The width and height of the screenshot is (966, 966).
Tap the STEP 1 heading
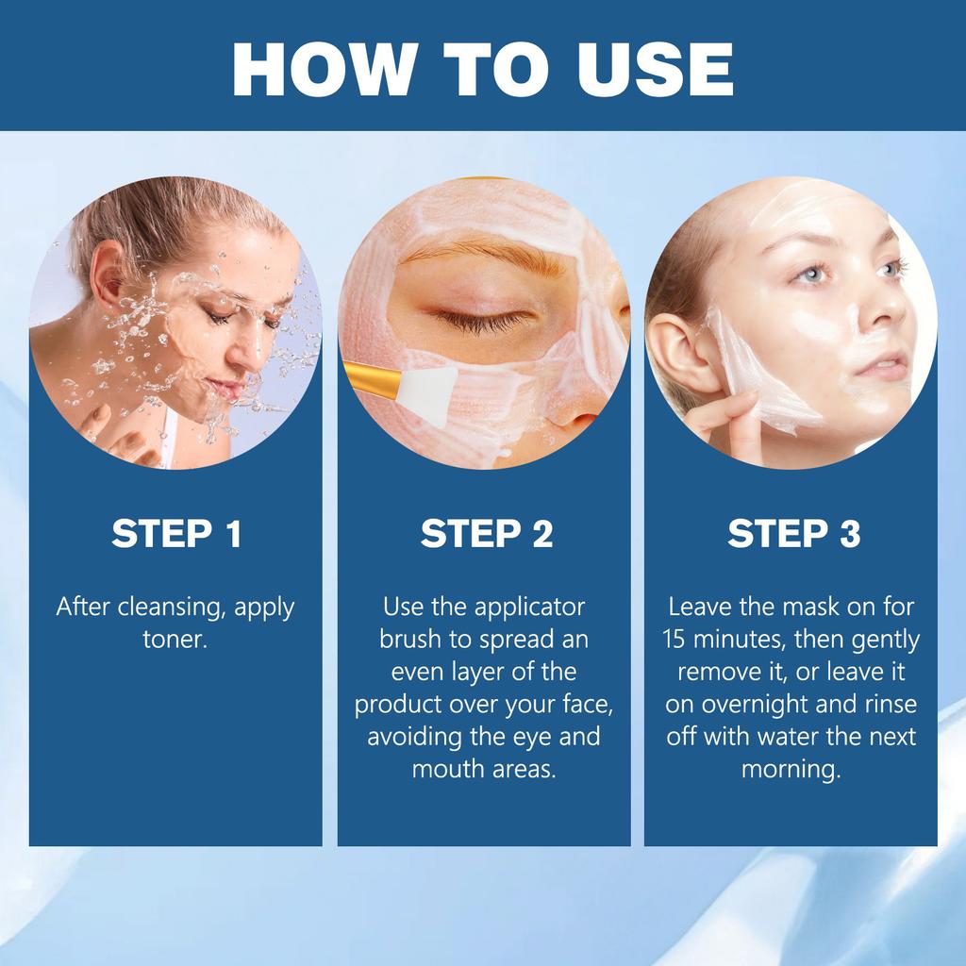[x=176, y=534]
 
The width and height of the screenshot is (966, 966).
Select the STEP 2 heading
[x=486, y=534]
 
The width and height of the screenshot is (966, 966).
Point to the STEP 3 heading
[x=793, y=534]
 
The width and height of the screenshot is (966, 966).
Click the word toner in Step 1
[x=175, y=640]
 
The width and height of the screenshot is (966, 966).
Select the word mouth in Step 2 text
[x=442, y=768]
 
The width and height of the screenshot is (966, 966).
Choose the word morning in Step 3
[x=791, y=768]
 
